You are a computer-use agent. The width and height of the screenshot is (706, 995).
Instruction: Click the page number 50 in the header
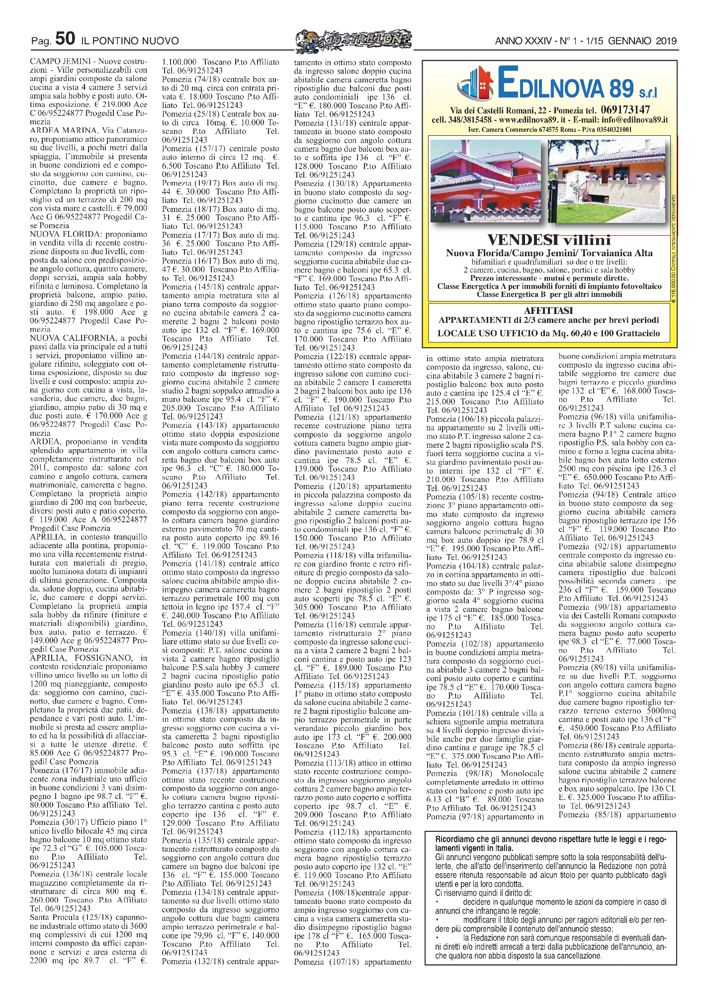[x=66, y=38]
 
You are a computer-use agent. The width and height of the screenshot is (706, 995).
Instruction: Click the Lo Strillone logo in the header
[x=353, y=39]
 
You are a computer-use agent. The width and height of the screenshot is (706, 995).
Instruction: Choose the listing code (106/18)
[x=476, y=419]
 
